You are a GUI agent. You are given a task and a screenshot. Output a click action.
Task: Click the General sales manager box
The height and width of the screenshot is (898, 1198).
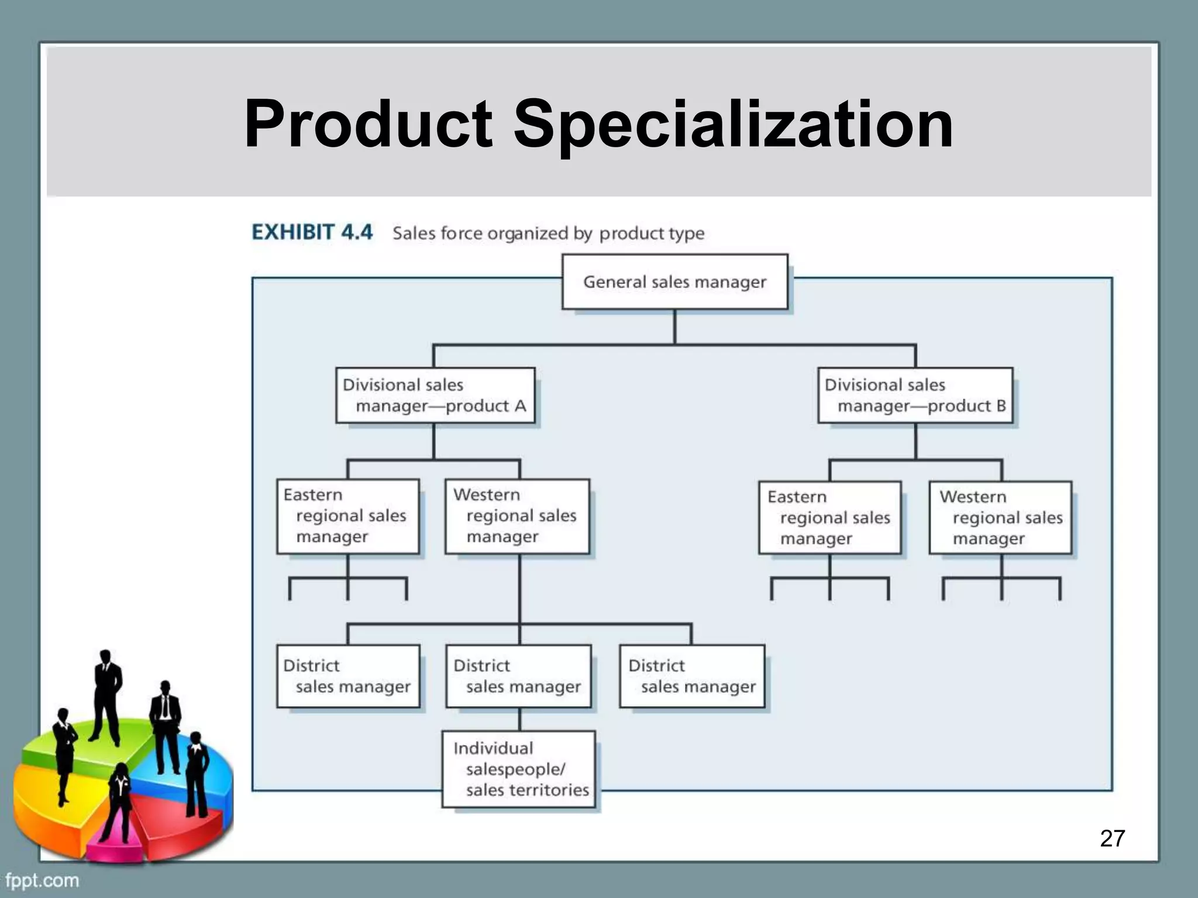tap(674, 282)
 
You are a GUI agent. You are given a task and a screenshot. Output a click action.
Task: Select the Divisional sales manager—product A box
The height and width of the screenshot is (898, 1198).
tap(435, 395)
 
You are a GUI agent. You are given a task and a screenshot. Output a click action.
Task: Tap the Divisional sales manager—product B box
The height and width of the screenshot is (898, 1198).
tap(915, 395)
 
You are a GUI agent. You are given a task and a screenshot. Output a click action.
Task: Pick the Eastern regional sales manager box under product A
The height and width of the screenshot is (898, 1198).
tap(348, 516)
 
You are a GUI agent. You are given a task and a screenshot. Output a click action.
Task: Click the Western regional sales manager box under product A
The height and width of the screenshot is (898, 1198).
tap(517, 516)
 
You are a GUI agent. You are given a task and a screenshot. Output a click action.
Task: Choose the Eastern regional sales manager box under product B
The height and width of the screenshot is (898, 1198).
tap(829, 518)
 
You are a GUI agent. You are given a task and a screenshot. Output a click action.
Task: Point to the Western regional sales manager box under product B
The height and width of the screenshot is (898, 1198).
tap(1000, 518)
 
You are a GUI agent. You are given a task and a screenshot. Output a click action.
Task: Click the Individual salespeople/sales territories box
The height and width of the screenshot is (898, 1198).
tap(518, 769)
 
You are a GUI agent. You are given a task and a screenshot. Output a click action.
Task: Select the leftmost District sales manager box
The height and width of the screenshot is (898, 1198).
tap(348, 676)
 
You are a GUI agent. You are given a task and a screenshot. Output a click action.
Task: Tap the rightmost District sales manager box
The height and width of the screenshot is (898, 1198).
tap(692, 676)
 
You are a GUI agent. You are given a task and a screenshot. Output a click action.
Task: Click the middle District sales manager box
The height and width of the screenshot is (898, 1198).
tap(518, 676)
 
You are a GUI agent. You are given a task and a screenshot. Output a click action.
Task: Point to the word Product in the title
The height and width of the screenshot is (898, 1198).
tap(368, 125)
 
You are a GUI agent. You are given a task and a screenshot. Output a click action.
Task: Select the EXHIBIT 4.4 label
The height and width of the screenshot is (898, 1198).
tap(312, 232)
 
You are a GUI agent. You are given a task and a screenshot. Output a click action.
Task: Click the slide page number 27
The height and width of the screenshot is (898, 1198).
tap(1112, 838)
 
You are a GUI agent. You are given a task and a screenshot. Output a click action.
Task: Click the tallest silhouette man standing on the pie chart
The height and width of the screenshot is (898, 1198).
tap(107, 696)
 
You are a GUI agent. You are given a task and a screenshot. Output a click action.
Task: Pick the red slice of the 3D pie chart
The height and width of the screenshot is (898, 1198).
tap(175, 818)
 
